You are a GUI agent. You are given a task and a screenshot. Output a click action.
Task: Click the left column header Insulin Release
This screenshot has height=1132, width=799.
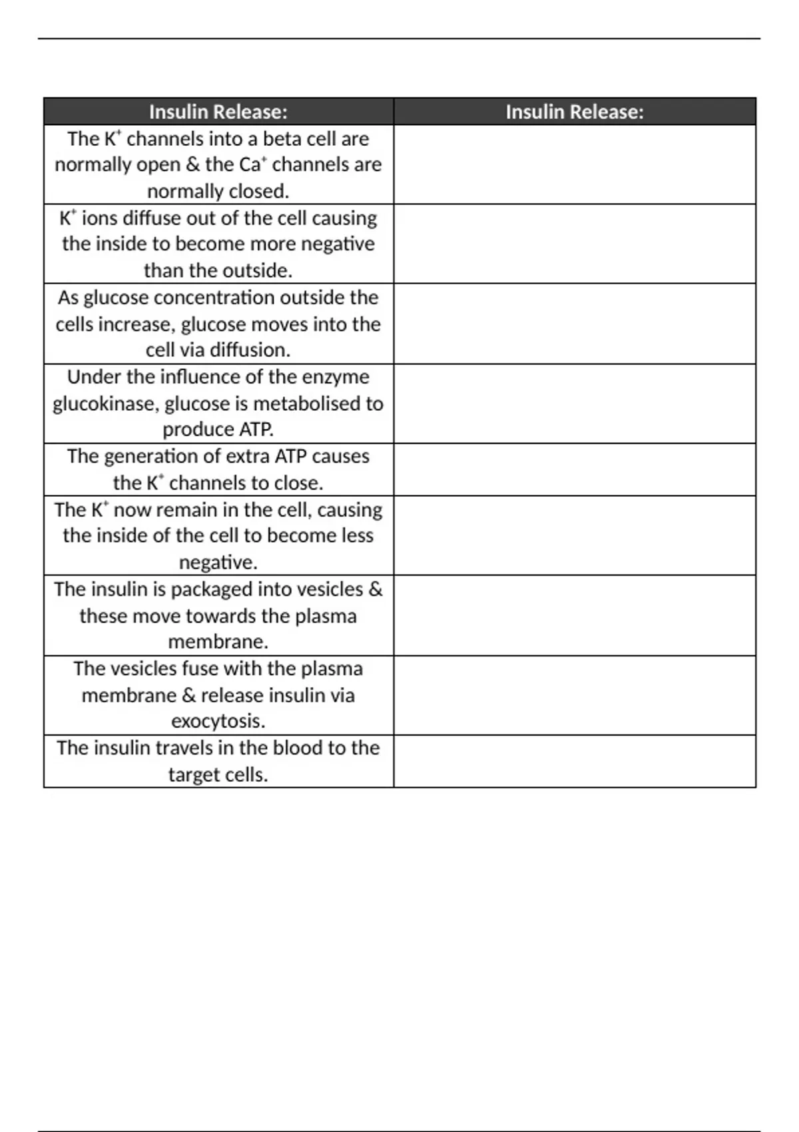pos(218,112)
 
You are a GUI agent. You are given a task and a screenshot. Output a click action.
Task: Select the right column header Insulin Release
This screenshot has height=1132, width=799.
pos(574,112)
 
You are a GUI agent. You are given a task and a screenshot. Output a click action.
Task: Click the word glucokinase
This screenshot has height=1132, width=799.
pos(103,404)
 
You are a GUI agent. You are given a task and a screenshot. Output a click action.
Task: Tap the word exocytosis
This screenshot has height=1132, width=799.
pos(218,721)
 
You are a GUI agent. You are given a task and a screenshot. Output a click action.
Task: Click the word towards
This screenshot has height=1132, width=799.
pos(221,616)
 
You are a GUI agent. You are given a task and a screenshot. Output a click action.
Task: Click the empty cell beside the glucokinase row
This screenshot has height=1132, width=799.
pos(574,404)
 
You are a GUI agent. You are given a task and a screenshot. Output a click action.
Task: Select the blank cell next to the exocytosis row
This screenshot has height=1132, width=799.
pos(574,695)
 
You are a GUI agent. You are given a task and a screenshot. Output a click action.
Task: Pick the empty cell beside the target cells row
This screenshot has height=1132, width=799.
pos(574,761)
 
